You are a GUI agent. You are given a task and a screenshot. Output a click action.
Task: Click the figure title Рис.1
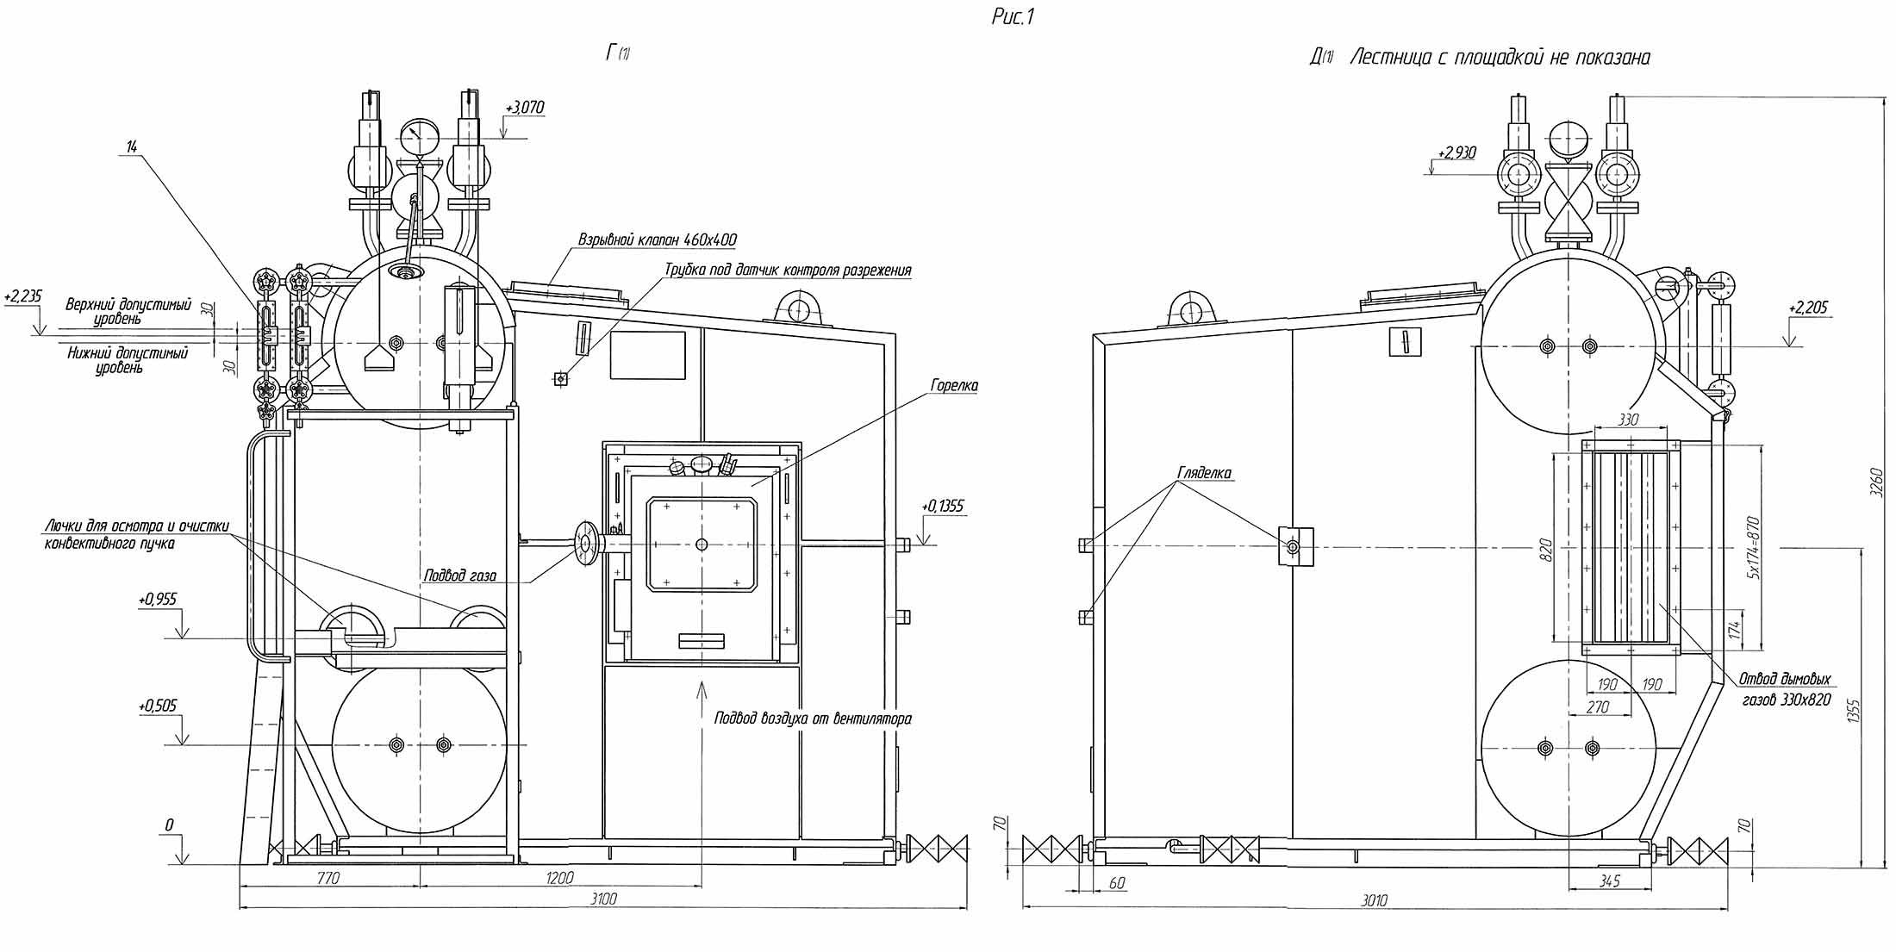coord(1013,16)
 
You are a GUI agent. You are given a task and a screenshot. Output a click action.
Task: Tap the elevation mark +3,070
coord(526,108)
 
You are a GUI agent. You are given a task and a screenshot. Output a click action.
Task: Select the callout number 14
coord(131,147)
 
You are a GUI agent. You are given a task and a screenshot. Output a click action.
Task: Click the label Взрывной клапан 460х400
coord(658,240)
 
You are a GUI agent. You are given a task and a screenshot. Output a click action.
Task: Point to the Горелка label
coord(954,386)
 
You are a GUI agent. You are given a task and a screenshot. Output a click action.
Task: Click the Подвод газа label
coord(459,576)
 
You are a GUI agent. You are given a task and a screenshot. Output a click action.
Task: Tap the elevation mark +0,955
coord(158,599)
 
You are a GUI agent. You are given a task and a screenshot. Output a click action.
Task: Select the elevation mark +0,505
coord(158,706)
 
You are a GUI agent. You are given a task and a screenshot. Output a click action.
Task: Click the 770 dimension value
coord(328,878)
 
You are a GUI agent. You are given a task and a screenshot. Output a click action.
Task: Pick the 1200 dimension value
coord(560,878)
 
